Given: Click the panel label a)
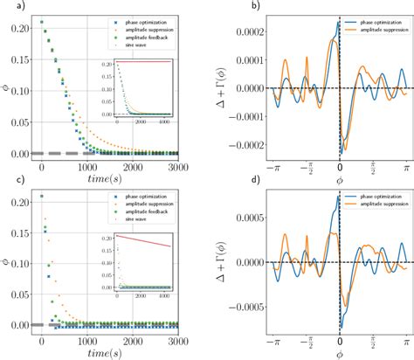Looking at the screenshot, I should pos(9,9).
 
